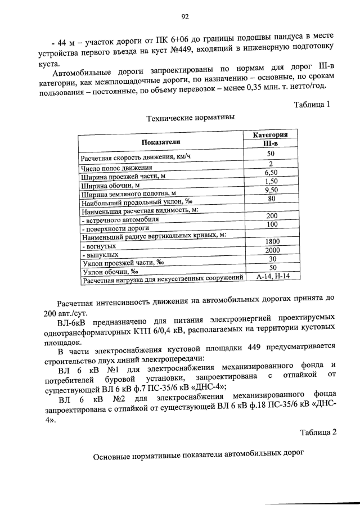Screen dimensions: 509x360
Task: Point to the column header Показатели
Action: point(161,143)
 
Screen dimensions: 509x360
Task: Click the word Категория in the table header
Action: point(271,136)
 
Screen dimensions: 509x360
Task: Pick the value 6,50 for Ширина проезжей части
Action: point(271,173)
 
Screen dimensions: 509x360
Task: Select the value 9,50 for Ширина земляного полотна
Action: point(271,190)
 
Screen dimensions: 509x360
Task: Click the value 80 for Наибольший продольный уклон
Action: point(271,199)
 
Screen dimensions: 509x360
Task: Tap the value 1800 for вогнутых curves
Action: point(272,241)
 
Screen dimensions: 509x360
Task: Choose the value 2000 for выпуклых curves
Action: point(272,250)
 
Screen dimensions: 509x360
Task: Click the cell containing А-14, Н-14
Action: point(272,276)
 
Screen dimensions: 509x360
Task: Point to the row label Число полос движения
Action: point(116,168)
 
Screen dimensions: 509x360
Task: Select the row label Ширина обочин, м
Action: point(110,185)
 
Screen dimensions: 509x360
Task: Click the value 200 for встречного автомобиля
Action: point(272,216)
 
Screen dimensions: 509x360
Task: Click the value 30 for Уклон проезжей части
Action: point(271,259)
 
